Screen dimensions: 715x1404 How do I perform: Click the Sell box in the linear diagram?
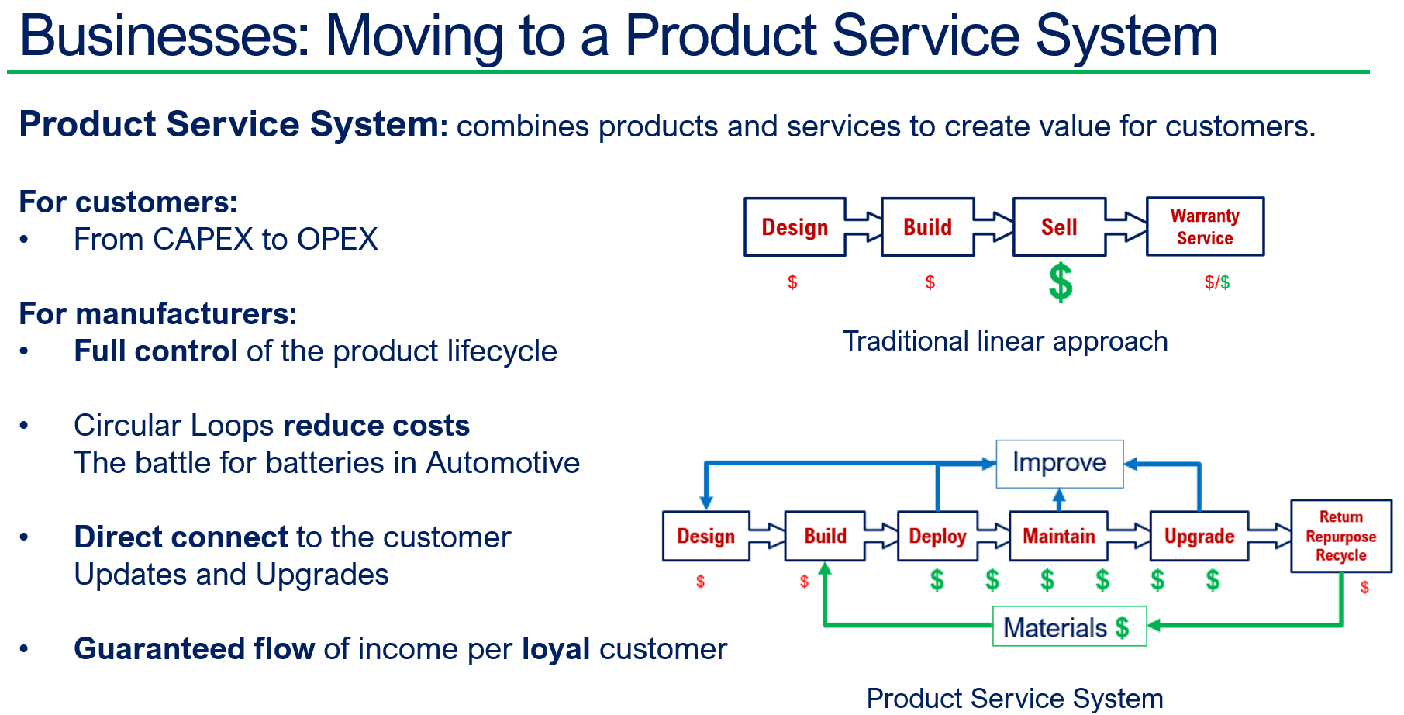[1058, 227]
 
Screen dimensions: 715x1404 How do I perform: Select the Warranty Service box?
[1205, 226]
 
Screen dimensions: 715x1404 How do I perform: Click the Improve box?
[1059, 463]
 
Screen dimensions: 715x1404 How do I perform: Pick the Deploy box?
[937, 536]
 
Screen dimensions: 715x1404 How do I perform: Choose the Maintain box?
[1058, 536]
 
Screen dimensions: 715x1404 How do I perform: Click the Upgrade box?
[1199, 536]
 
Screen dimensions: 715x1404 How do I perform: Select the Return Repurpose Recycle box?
[1340, 536]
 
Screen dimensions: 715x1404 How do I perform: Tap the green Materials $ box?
[1068, 627]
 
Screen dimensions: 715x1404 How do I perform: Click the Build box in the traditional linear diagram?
[927, 227]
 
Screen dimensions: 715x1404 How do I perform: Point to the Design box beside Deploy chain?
[705, 536]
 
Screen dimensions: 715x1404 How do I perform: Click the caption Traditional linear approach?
[1005, 341]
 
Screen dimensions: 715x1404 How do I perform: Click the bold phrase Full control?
[155, 351]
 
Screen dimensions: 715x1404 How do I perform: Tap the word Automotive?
[502, 463]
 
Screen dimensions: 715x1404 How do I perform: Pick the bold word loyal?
[556, 649]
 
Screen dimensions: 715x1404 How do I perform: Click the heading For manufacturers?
[157, 314]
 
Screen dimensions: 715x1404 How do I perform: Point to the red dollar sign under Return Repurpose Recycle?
[1364, 588]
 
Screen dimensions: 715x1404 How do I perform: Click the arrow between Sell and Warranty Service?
[1126, 226]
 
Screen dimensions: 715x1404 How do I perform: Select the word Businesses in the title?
[164, 36]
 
